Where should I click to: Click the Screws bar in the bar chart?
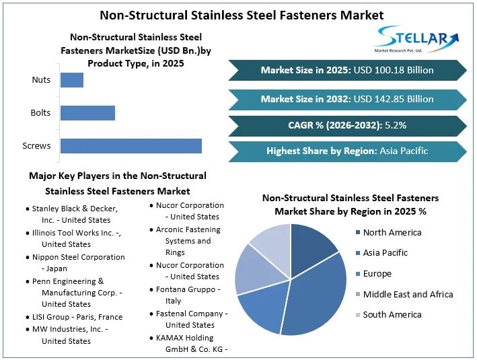point(131,145)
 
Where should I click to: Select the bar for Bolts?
point(87,112)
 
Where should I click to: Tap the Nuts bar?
point(72,80)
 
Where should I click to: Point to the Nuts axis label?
point(41,80)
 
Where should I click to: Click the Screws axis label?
point(36,145)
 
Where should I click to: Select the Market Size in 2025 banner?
point(347,70)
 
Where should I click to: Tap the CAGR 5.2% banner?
point(347,125)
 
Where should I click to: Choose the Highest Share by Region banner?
point(347,151)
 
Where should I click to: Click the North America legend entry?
point(392,233)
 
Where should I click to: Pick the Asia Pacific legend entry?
point(385,253)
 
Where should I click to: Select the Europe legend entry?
point(377,274)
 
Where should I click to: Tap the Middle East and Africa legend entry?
point(408,294)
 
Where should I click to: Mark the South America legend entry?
point(392,314)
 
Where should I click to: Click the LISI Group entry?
point(77,316)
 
